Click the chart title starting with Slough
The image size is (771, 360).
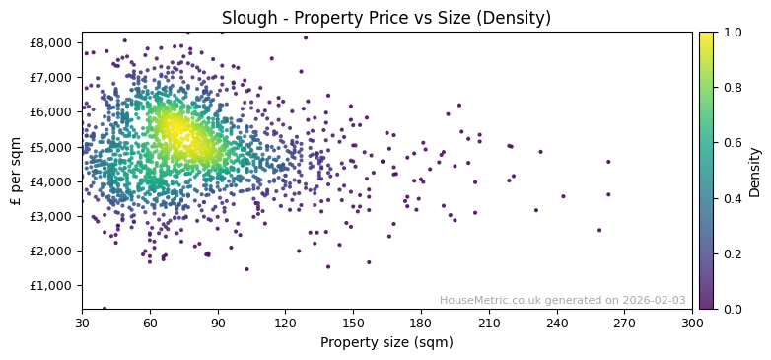pyautogui.click(x=385, y=18)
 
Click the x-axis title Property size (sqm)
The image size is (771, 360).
pyautogui.click(x=386, y=343)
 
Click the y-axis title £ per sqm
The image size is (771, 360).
pyautogui.click(x=16, y=170)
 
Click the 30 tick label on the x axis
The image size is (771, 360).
pyautogui.click(x=82, y=323)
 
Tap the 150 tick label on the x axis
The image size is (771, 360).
pyautogui.click(x=353, y=323)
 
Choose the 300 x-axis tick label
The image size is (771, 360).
pyautogui.click(x=692, y=323)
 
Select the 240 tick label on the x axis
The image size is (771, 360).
pyautogui.click(x=556, y=323)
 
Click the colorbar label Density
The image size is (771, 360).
pyautogui.click(x=755, y=170)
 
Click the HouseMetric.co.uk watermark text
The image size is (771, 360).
pyautogui.click(x=562, y=301)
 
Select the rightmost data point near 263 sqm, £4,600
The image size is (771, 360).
pyautogui.click(x=608, y=162)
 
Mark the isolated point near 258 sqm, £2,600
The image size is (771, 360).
pyautogui.click(x=598, y=230)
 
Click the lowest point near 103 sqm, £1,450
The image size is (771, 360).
pyautogui.click(x=246, y=269)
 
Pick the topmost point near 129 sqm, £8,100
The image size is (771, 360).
pyautogui.click(x=306, y=37)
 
